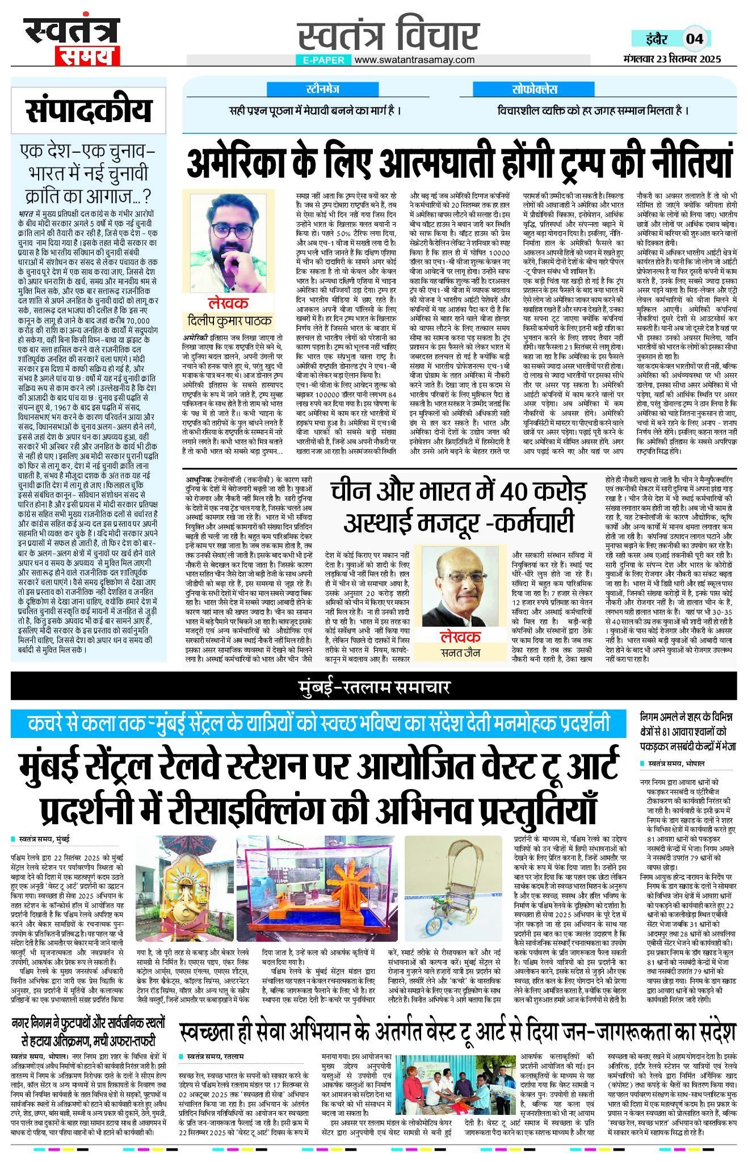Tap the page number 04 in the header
(694, 39)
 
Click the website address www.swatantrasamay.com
(415, 60)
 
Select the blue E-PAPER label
(323, 60)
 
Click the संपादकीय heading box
(89, 110)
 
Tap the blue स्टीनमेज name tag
(322, 89)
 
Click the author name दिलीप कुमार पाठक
(229, 321)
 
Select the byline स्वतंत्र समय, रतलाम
(215, 1056)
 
